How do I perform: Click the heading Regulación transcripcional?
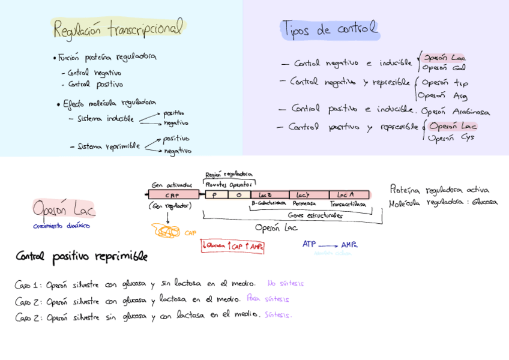pyautogui.click(x=118, y=28)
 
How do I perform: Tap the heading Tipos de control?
pyautogui.click(x=330, y=28)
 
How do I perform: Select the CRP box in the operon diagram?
pyautogui.click(x=173, y=194)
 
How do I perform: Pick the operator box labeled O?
pyautogui.click(x=238, y=194)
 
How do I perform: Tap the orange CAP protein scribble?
pyautogui.click(x=167, y=231)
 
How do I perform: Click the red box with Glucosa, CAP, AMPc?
pyautogui.click(x=232, y=246)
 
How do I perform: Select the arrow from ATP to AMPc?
pyautogui.click(x=328, y=245)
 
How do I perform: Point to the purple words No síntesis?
pyautogui.click(x=286, y=283)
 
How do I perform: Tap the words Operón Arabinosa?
pyautogui.click(x=455, y=112)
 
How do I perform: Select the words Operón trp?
pyautogui.click(x=444, y=83)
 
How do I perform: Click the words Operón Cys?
pyautogui.click(x=451, y=137)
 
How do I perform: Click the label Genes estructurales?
pyautogui.click(x=315, y=215)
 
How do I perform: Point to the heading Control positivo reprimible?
pyautogui.click(x=81, y=257)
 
